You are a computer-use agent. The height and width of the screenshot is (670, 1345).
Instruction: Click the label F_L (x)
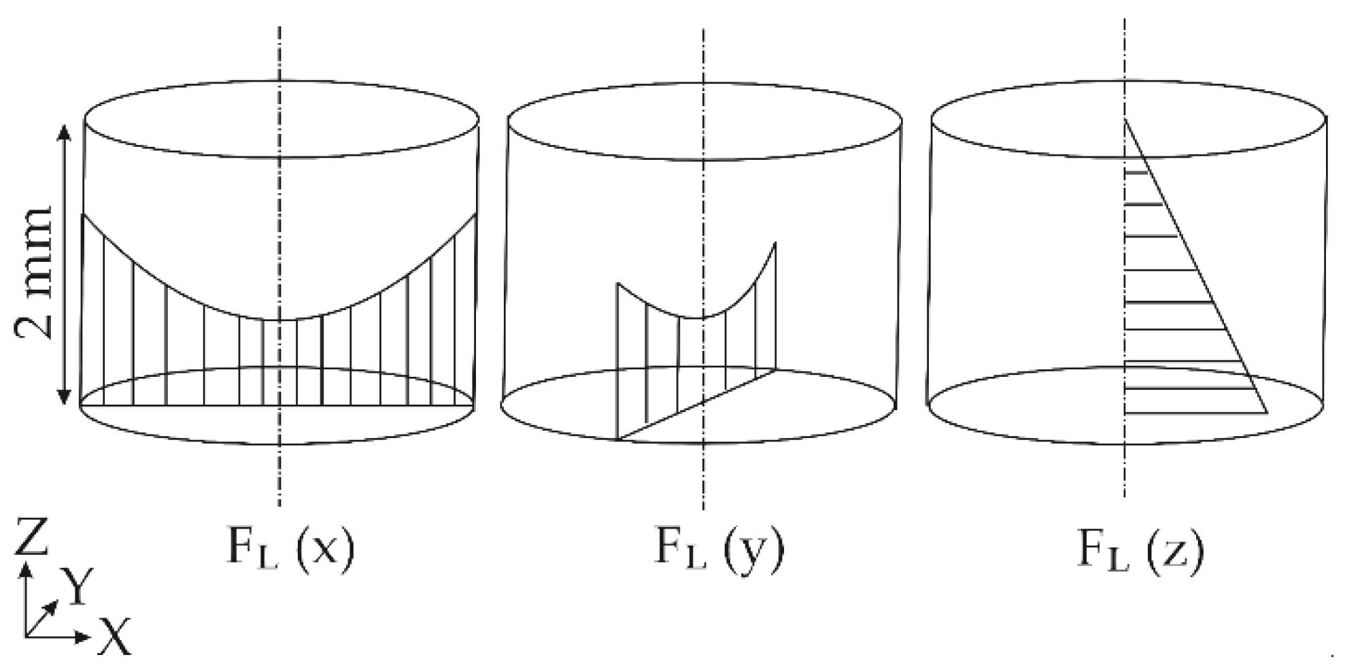[290, 549]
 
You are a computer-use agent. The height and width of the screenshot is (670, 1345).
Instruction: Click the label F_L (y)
[718, 549]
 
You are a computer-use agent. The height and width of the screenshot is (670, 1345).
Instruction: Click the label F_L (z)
[1141, 549]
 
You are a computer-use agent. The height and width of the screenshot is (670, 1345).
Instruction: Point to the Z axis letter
[32, 537]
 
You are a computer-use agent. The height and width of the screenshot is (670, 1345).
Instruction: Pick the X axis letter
[114, 637]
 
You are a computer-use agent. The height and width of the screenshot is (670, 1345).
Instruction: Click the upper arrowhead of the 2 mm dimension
[65, 131]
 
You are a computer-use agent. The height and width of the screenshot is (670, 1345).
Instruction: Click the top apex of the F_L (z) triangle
[1125, 120]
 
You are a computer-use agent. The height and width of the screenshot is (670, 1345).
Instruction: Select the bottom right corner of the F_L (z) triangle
[1267, 412]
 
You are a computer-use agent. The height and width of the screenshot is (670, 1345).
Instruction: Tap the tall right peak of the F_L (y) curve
[774, 244]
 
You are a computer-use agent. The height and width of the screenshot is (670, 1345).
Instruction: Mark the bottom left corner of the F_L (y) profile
[617, 439]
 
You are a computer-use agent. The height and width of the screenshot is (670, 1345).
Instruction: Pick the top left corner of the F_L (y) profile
[617, 283]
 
